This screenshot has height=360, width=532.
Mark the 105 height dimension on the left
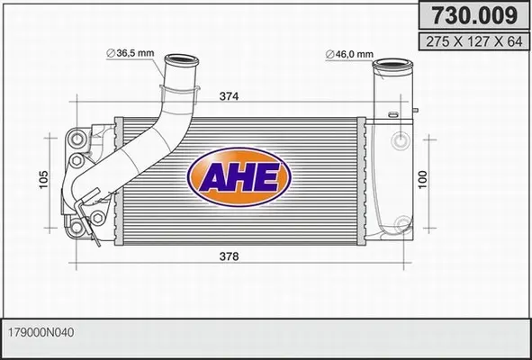pyautogui.click(x=43, y=181)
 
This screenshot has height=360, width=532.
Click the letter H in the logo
pyautogui.click(x=239, y=175)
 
